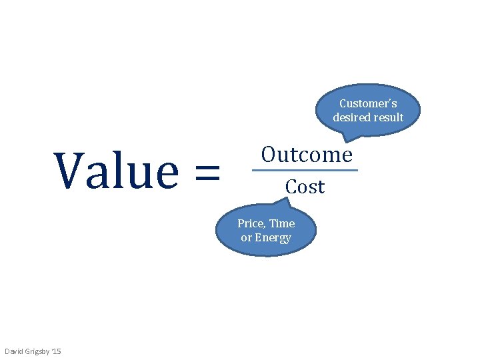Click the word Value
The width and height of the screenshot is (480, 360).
[x=117, y=171]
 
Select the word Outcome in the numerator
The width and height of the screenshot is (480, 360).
[x=306, y=155]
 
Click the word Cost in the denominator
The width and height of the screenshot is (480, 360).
[x=305, y=187]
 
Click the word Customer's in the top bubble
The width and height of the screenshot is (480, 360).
[x=368, y=103]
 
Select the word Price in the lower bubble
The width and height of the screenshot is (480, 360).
[x=251, y=223]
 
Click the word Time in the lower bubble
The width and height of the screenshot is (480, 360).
[x=282, y=223]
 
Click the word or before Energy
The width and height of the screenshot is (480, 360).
[x=246, y=238]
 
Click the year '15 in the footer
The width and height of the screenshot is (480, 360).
[x=56, y=351]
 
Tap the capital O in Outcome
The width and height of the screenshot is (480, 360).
[x=269, y=155]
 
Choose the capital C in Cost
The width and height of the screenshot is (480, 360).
[x=291, y=187]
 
